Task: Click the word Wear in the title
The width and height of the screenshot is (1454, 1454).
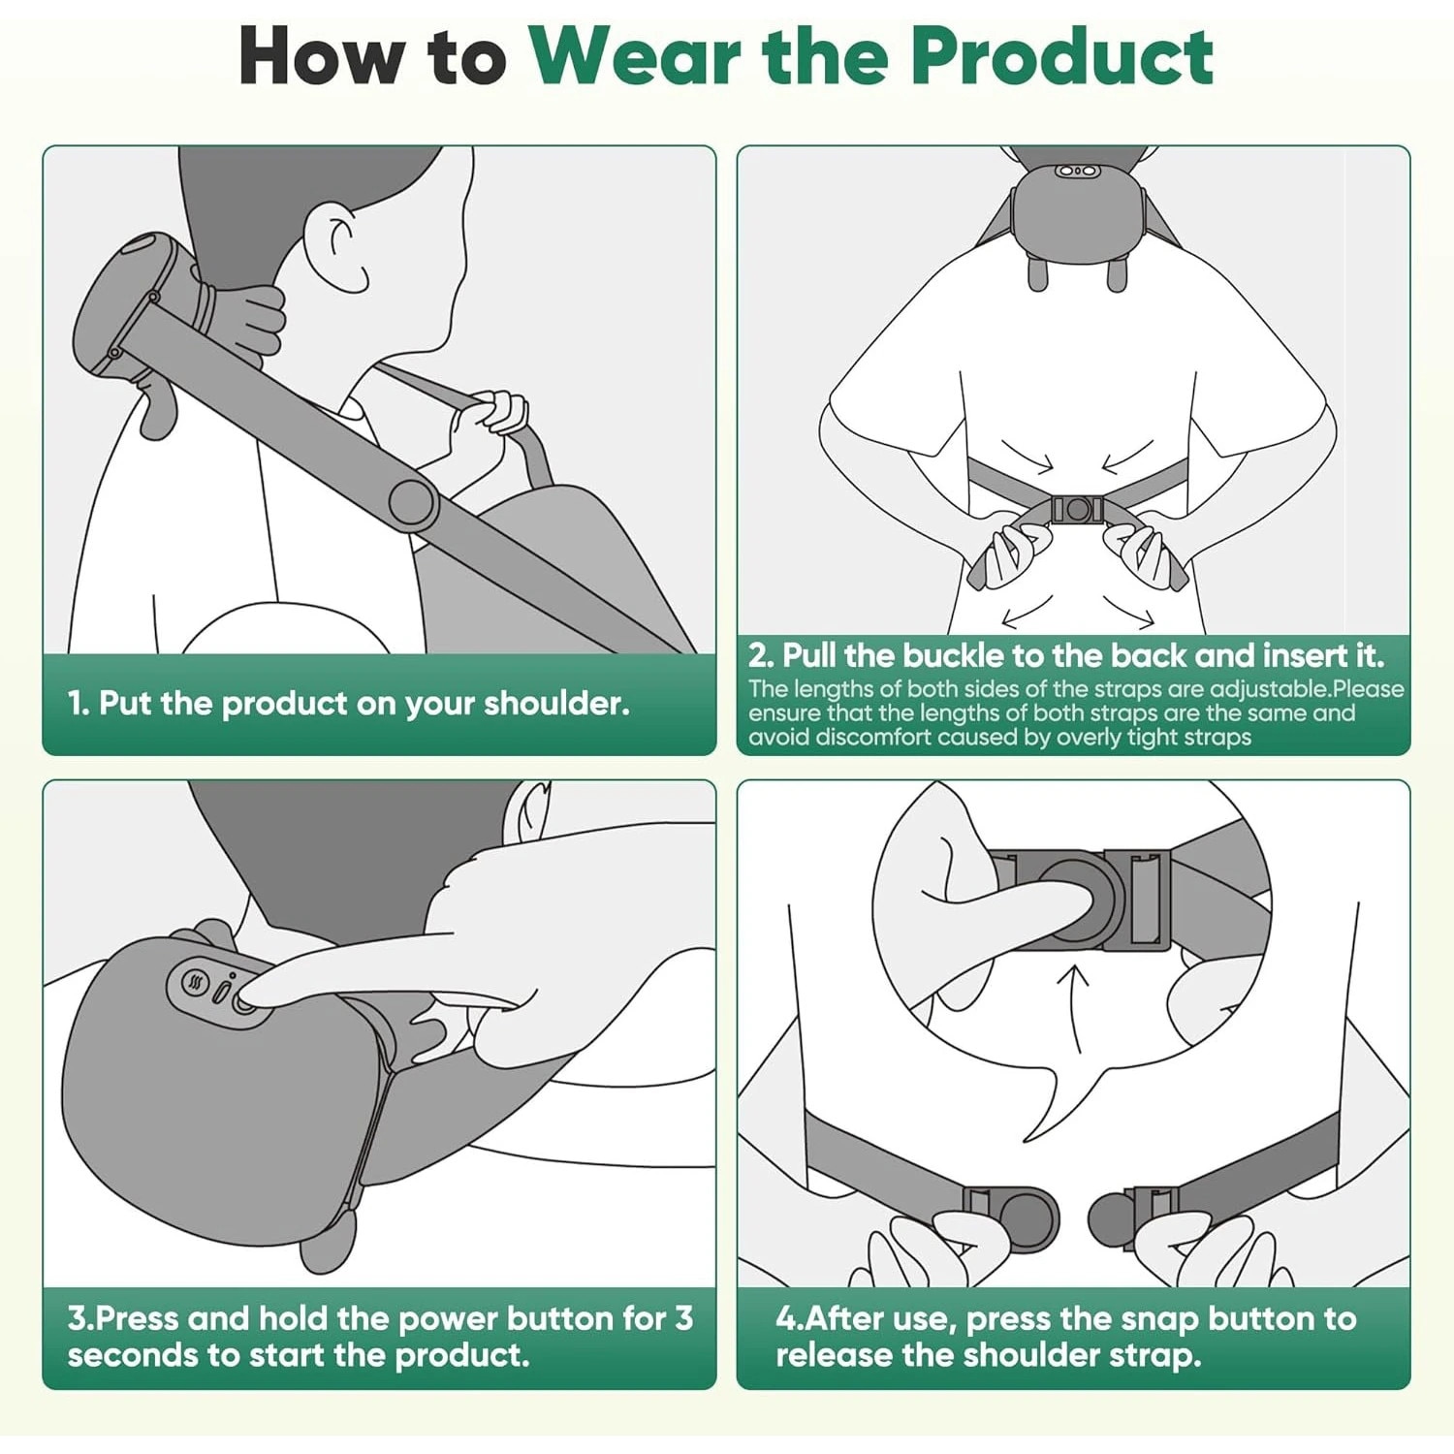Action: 636,56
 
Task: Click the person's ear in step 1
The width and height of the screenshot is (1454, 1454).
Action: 334,247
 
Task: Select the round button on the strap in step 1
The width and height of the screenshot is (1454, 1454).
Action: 413,503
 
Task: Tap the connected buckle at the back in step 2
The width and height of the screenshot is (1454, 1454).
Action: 1077,509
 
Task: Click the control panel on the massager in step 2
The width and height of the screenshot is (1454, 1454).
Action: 1077,172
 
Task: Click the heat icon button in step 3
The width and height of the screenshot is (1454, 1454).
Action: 196,983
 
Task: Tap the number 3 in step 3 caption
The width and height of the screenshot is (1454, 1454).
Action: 683,1318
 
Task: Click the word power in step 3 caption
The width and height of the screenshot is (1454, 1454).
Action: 448,1319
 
